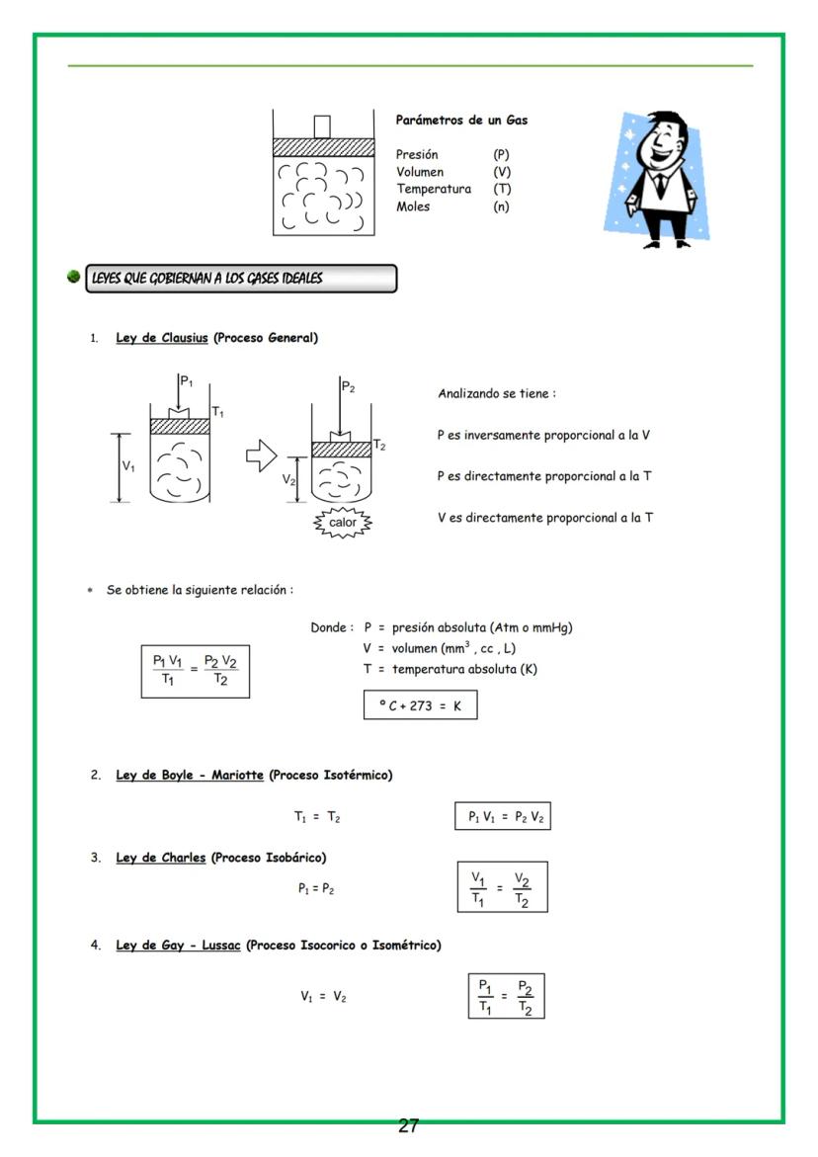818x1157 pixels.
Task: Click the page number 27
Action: pos(408,1125)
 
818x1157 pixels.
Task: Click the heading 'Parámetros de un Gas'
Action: pos(461,120)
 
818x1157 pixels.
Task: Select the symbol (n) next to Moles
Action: pos(501,207)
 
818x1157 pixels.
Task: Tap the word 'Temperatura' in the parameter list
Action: pos(434,189)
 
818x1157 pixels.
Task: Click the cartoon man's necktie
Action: pos(659,183)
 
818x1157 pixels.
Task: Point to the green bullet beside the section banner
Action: pos(74,277)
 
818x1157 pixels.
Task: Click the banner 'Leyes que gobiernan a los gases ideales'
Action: pos(241,279)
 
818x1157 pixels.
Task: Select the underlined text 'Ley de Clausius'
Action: pos(162,338)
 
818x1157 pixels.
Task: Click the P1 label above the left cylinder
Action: pos(188,379)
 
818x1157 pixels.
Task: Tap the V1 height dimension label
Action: pos(128,465)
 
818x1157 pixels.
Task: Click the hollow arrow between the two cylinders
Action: pos(261,456)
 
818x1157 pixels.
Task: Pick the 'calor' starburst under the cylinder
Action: pos(343,523)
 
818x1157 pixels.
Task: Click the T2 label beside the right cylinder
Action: pos(379,446)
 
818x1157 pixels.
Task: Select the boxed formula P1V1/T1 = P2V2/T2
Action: pos(195,670)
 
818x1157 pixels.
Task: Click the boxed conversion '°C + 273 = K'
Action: pos(420,706)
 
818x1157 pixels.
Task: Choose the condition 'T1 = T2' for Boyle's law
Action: pos(317,817)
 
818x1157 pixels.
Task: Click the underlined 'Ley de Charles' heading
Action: pos(161,857)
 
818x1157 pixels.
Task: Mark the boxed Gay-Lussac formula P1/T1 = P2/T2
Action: pos(506,996)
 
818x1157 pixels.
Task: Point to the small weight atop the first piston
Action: pos(321,126)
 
